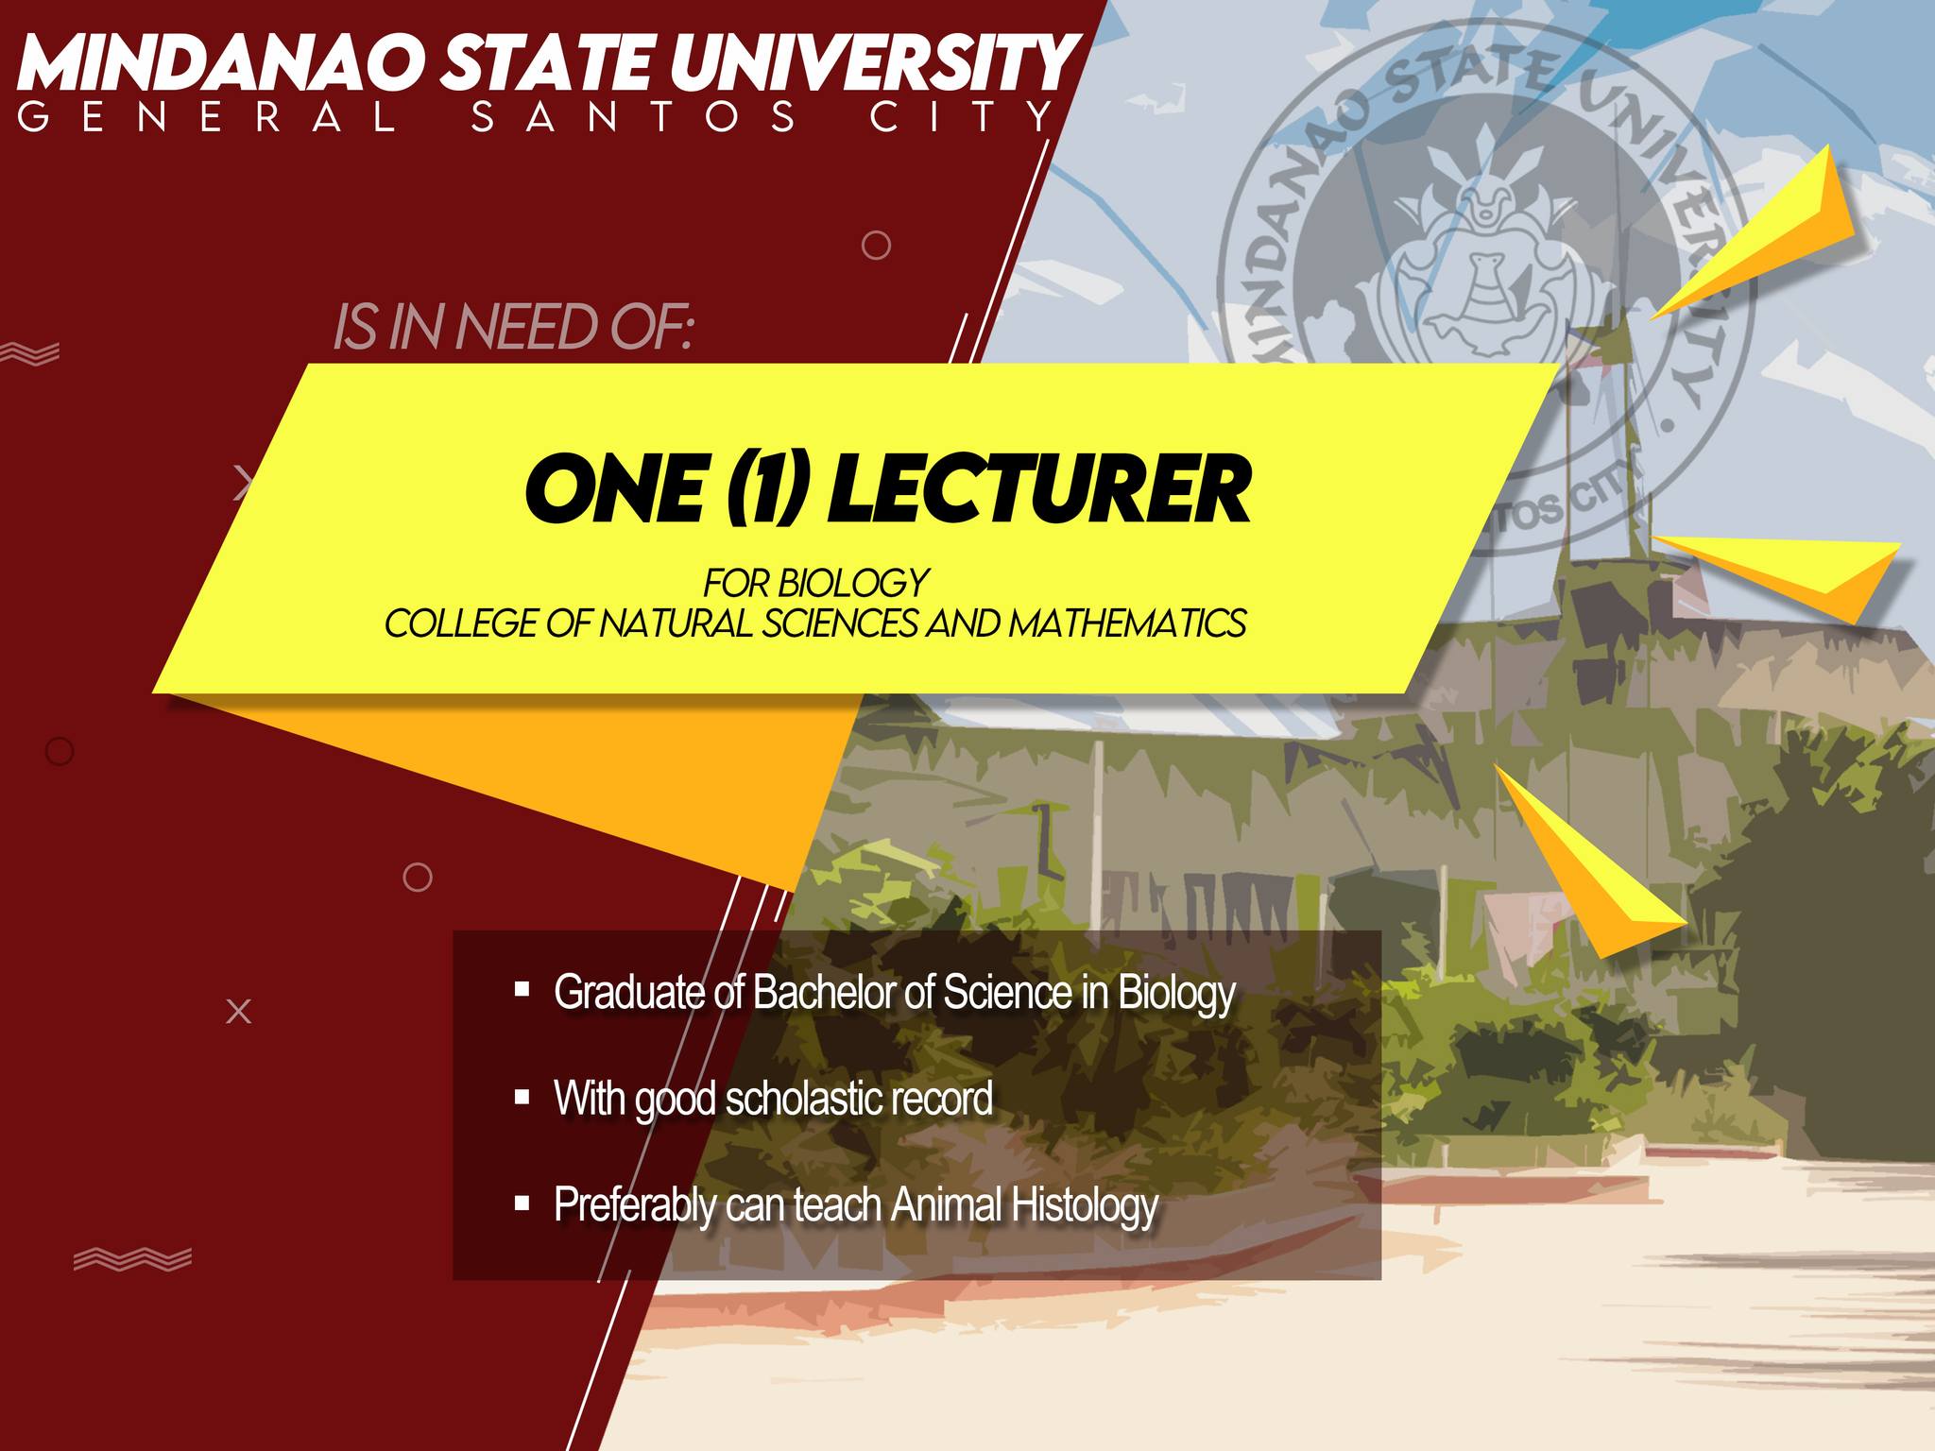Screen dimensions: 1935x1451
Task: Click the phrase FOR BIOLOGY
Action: [815, 583]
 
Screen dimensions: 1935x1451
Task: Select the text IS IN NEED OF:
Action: [513, 328]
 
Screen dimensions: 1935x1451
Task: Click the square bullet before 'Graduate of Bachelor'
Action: [522, 989]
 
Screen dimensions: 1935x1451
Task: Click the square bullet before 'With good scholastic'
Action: [522, 1097]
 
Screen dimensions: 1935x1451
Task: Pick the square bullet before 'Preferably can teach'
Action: [522, 1203]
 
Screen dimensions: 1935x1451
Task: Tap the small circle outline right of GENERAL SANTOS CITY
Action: [876, 246]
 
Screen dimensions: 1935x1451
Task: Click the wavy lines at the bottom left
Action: [132, 1258]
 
